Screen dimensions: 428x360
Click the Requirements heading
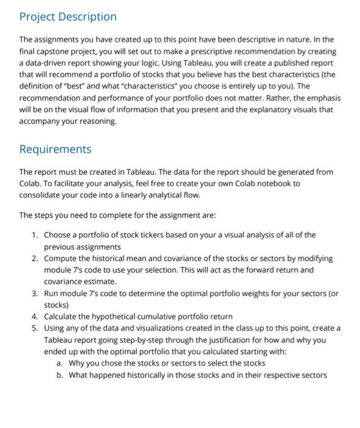pos(56,149)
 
